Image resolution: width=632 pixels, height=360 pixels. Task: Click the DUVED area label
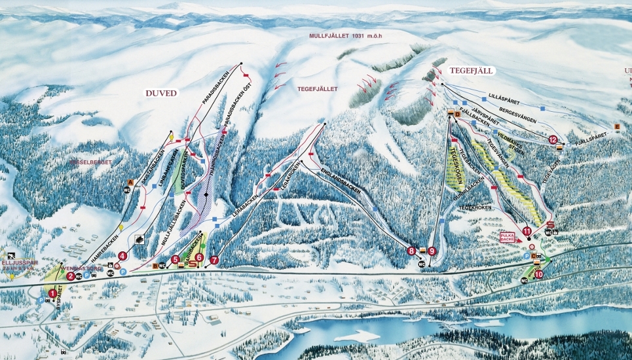point(160,94)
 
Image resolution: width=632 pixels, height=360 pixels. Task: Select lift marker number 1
point(53,294)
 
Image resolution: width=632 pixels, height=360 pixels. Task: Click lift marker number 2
point(70,276)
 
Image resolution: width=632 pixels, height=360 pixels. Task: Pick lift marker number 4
point(122,256)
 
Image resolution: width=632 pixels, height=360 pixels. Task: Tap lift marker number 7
point(214,260)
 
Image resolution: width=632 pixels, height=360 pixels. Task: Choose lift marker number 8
point(411,250)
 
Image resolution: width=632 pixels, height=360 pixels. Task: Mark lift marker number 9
point(432,250)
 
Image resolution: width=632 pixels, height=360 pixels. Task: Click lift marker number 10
point(538,275)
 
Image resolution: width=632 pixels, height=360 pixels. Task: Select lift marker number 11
point(527,230)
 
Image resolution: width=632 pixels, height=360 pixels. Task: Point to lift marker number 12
point(553,139)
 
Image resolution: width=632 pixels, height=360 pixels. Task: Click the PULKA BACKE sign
point(508,236)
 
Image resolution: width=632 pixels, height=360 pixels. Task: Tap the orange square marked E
point(616,126)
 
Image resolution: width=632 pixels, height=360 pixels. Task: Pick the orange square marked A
point(130,181)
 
